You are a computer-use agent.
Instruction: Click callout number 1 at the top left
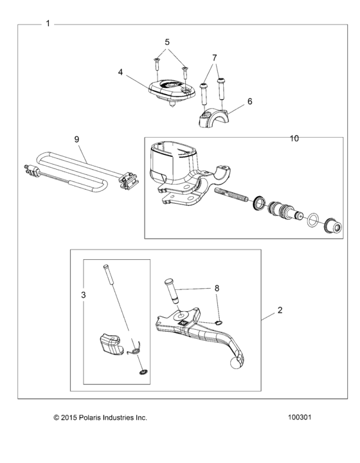coord(48,24)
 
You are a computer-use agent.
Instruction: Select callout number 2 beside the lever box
coord(280,311)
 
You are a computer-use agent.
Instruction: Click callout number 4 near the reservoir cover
coord(120,73)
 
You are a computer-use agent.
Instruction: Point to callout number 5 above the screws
coord(167,42)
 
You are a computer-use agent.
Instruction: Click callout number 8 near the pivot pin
coord(217,289)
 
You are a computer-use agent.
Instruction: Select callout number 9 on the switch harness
coord(76,138)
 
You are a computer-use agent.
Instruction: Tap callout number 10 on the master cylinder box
coord(295,138)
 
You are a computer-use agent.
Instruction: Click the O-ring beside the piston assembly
coord(311,220)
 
